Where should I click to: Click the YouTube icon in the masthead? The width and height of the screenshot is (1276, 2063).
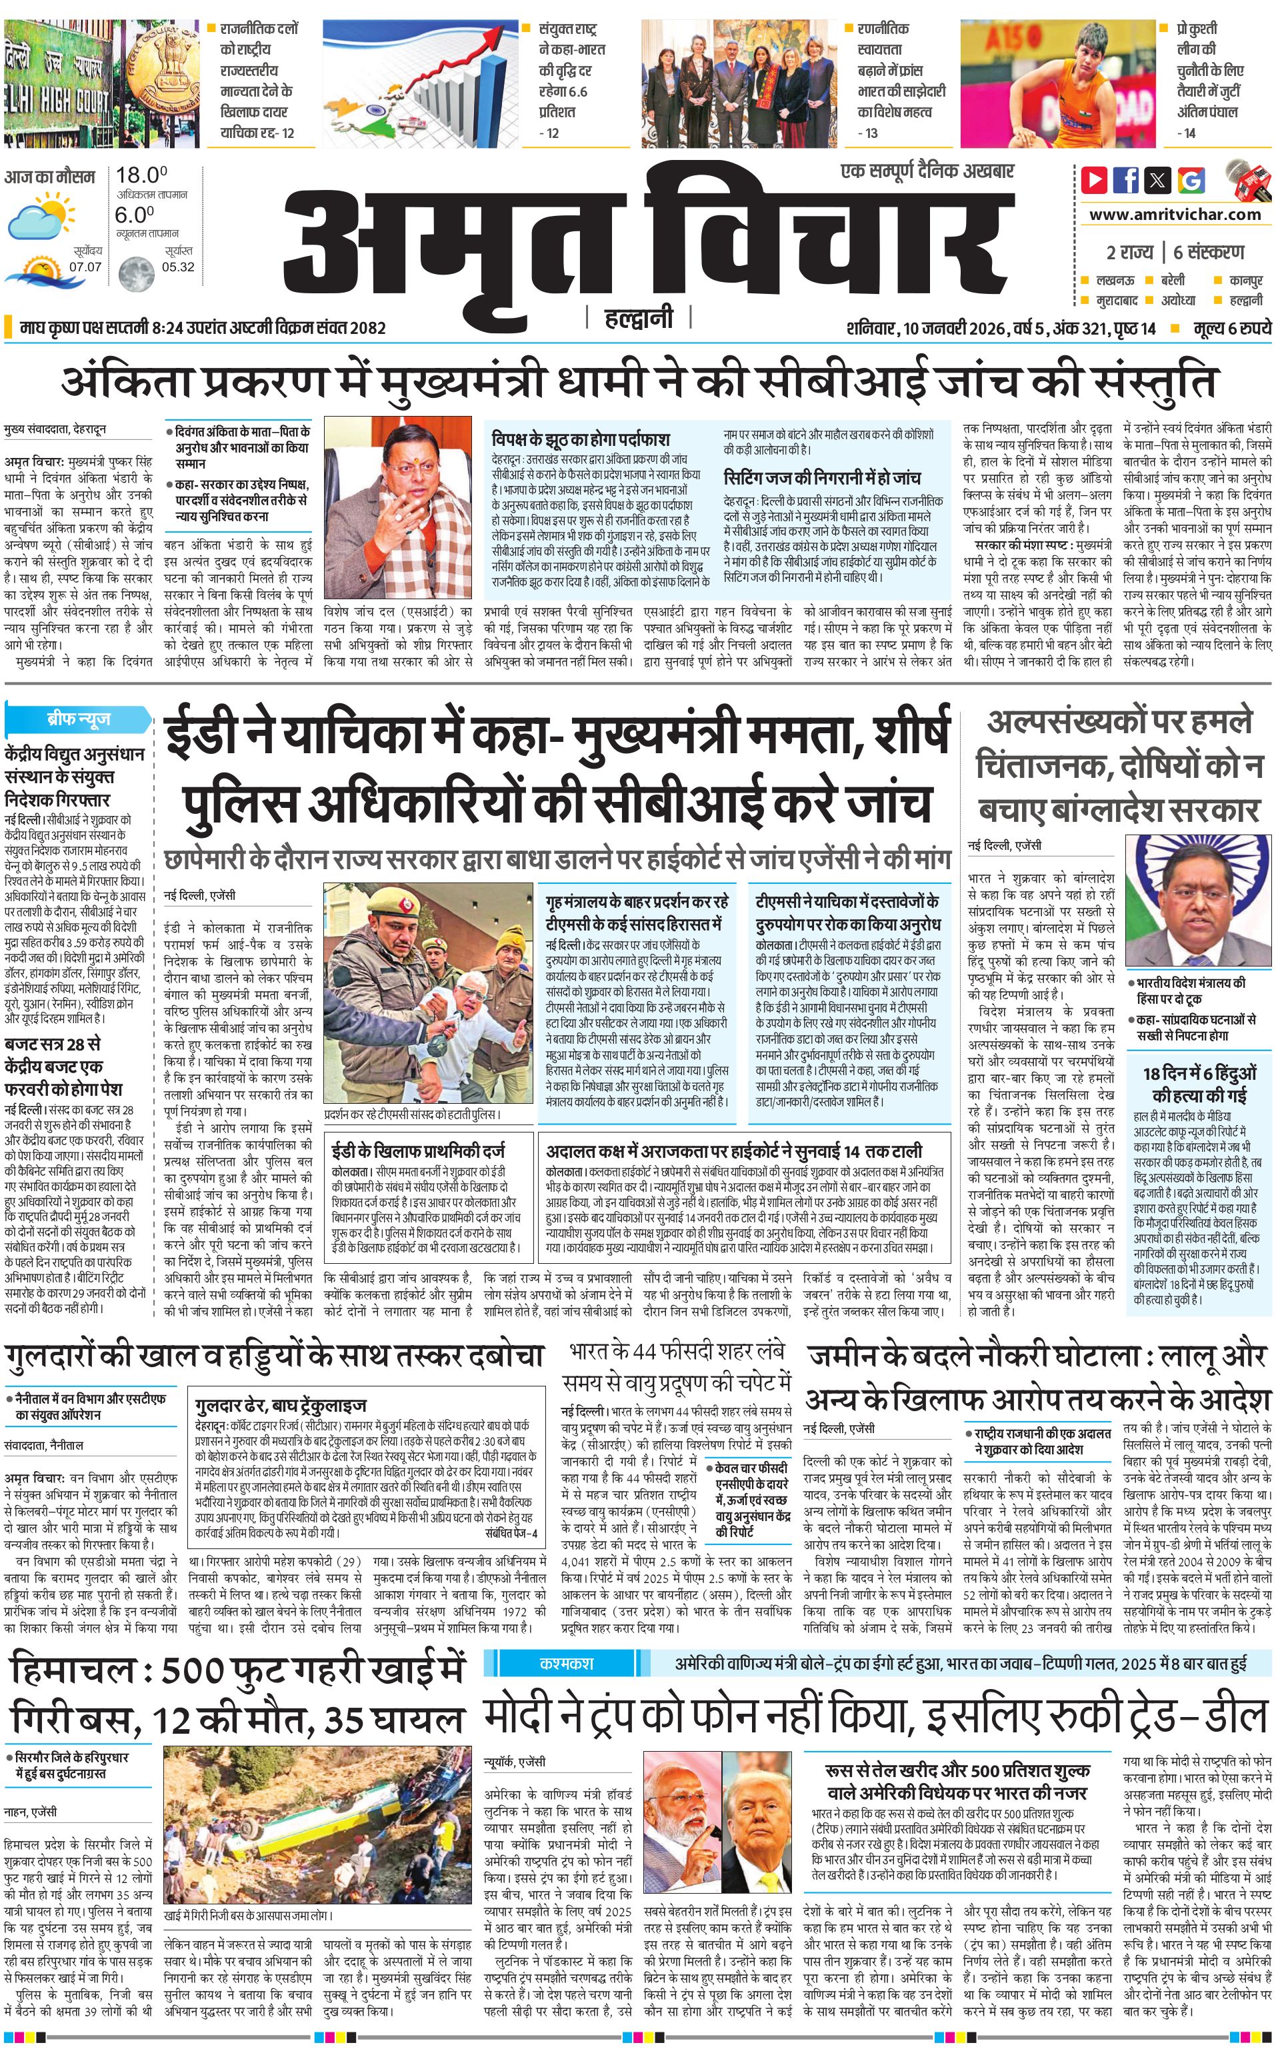point(1095,180)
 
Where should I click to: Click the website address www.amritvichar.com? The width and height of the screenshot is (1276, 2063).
point(1175,215)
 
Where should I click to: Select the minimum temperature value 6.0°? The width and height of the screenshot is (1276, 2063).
point(134,215)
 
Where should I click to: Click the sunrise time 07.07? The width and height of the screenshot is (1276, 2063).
point(85,267)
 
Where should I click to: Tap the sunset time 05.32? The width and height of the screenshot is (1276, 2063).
point(178,267)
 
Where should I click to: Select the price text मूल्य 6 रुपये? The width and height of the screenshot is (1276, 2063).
point(1232,328)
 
